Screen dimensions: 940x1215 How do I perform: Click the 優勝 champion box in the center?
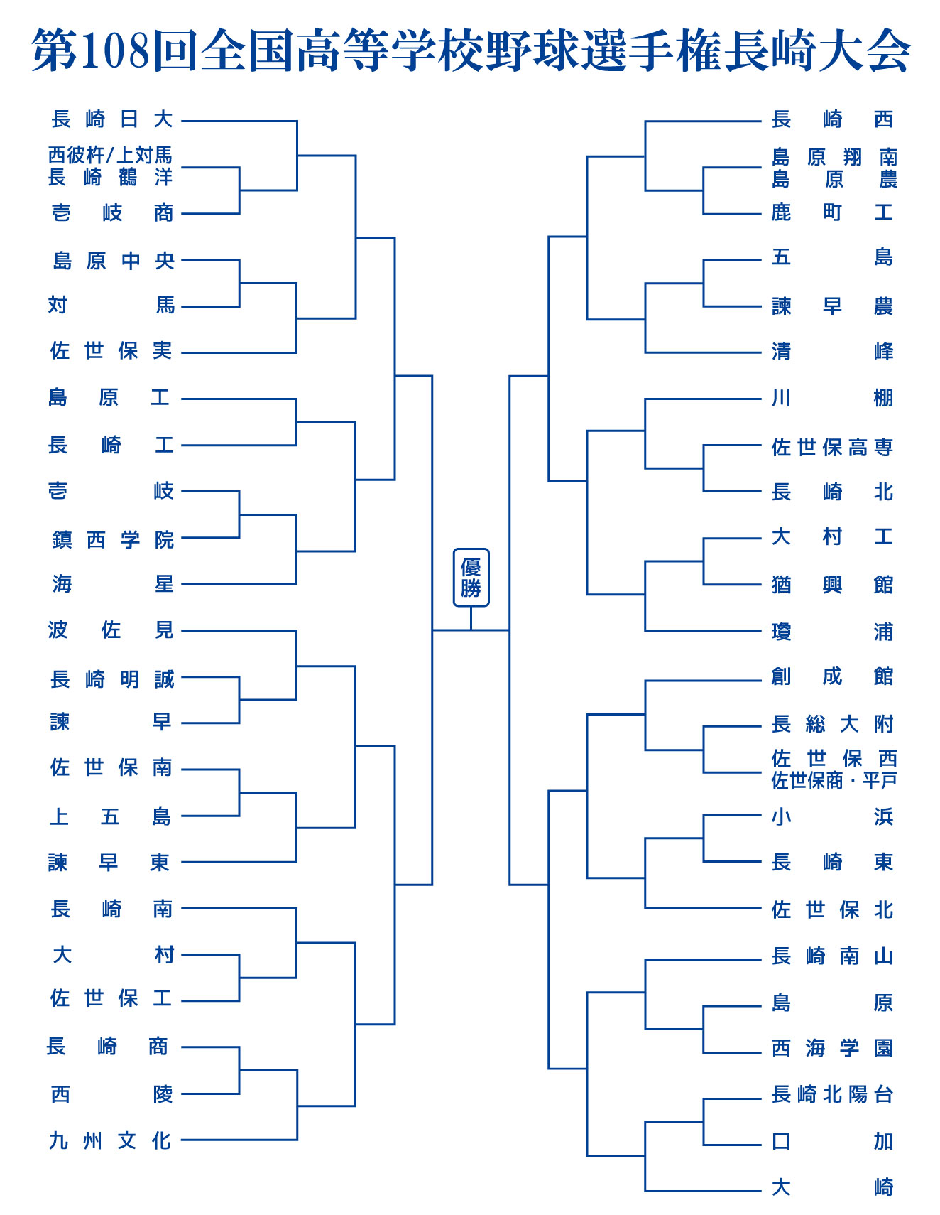pos(471,577)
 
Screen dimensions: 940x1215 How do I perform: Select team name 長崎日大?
pos(112,119)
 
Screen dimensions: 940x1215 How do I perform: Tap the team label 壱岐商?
pos(112,212)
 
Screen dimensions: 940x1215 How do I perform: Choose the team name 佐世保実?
pos(111,350)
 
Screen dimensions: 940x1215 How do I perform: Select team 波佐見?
pos(111,630)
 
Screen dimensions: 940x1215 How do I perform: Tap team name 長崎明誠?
pos(112,679)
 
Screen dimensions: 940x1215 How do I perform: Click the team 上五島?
pos(110,816)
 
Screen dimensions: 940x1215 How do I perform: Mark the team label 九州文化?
pos(110,1140)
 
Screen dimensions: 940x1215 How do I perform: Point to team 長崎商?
pos(107,1046)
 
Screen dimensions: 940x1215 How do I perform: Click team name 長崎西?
pos(832,119)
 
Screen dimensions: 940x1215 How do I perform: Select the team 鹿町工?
pos(832,212)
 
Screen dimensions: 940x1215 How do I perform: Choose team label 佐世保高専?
pos(832,447)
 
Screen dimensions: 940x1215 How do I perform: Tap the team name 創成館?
pos(832,676)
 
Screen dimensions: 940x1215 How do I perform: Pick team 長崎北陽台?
pos(832,1094)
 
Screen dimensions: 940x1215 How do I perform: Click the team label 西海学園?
pos(832,1048)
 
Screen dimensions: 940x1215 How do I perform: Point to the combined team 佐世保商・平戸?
pos(834,781)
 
